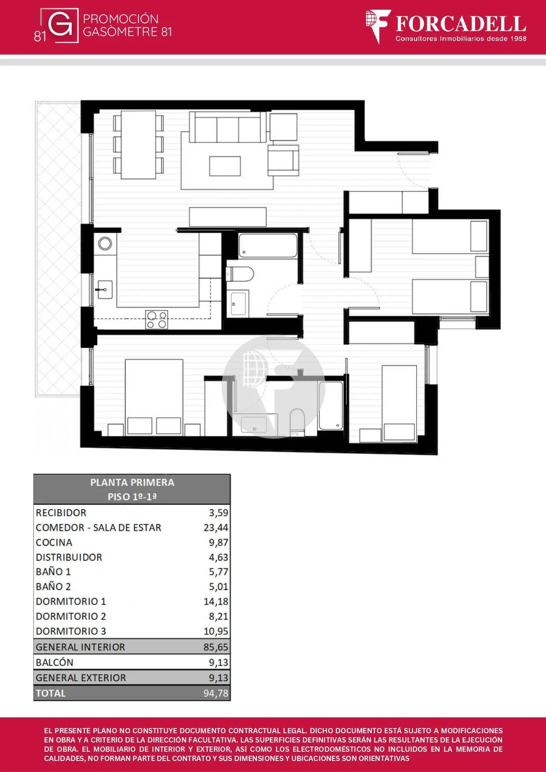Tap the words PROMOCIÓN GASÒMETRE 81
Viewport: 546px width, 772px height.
coord(127,25)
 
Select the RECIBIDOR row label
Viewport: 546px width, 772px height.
coord(61,512)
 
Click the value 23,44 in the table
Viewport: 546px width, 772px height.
coord(216,527)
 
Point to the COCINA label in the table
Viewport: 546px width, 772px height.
coord(54,542)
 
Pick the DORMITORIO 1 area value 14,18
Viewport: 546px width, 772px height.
coord(216,601)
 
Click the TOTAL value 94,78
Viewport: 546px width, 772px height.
coord(216,693)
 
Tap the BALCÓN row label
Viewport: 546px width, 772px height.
coord(55,662)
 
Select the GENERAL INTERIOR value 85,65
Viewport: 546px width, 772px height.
coord(216,647)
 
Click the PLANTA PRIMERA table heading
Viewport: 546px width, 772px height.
coord(132,482)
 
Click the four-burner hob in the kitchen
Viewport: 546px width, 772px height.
coord(157,319)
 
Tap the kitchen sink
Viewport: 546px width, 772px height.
coord(104,290)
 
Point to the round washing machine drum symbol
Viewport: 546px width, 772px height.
coord(105,243)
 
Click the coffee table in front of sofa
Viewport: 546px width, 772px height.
coord(225,166)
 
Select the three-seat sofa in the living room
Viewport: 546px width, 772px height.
coord(228,127)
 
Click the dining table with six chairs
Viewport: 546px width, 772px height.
coord(139,145)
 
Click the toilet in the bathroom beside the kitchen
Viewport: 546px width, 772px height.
coord(240,274)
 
